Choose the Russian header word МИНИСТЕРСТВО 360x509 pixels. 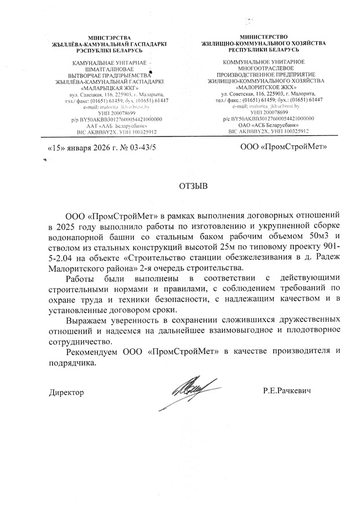coord(263,36)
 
